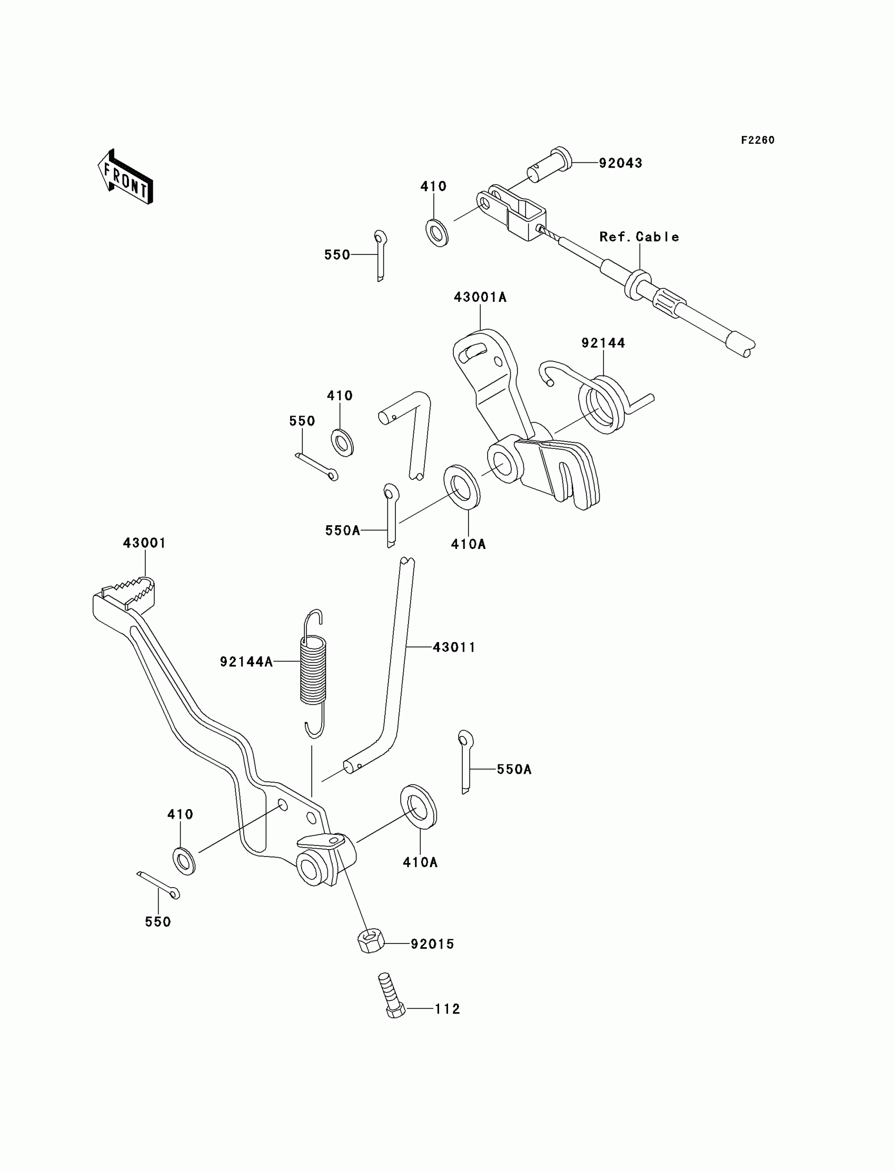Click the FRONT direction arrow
(126, 177)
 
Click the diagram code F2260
(758, 140)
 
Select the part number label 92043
(620, 163)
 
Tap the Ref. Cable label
(639, 237)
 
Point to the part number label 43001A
(480, 298)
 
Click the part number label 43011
(454, 647)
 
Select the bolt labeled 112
(392, 995)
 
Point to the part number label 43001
(144, 543)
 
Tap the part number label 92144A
(246, 662)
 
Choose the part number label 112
(447, 1009)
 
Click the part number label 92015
(432, 944)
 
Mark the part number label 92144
(603, 343)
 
